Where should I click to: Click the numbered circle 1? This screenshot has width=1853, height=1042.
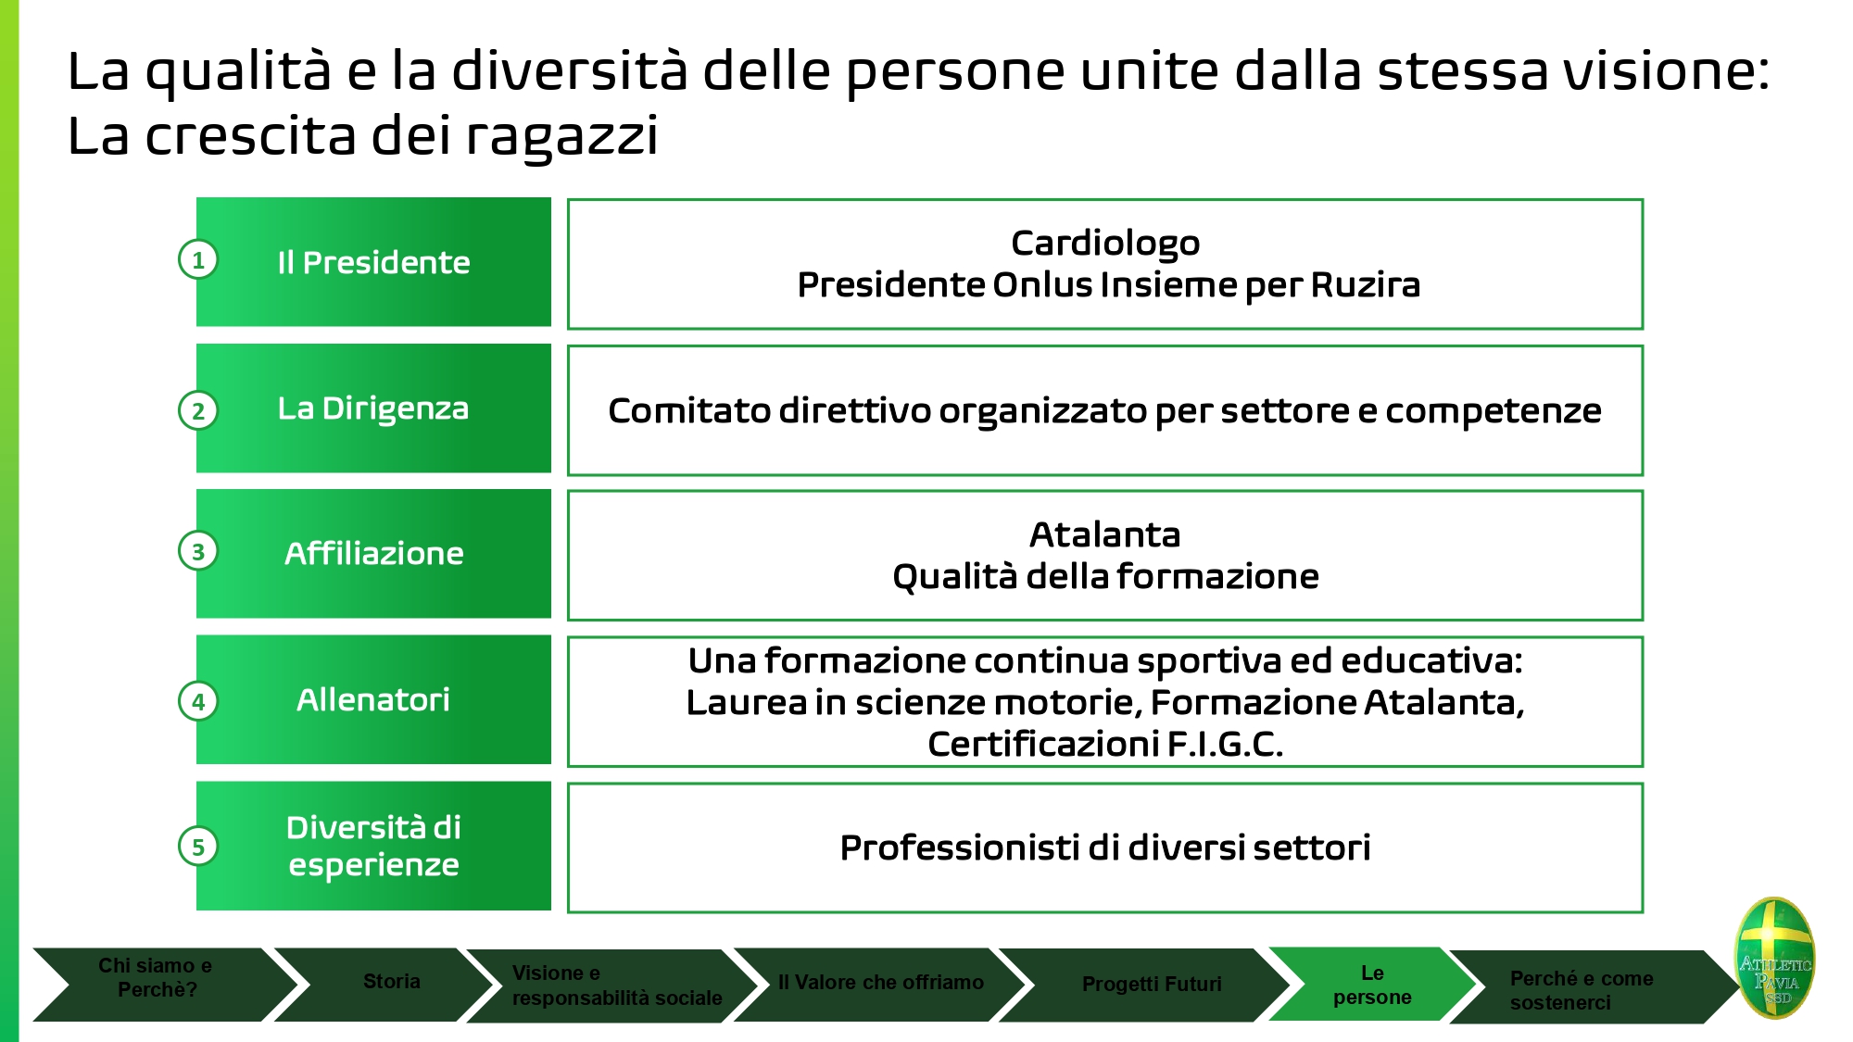tap(198, 260)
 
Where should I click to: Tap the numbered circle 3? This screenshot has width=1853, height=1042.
tap(198, 552)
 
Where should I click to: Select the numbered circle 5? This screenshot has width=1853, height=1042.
tap(198, 846)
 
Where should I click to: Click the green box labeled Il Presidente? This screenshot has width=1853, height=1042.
tap(373, 262)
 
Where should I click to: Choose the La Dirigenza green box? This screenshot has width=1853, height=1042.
tap(373, 408)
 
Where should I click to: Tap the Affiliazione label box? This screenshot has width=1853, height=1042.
tap(373, 554)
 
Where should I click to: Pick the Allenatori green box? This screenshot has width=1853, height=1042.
tap(373, 699)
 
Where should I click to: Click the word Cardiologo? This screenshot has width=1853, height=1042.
tap(1105, 244)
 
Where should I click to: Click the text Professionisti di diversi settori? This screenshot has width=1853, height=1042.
tap(1105, 847)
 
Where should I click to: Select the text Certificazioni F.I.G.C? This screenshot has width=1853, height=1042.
tap(1105, 744)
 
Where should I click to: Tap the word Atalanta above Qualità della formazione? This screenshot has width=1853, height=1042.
tap(1105, 534)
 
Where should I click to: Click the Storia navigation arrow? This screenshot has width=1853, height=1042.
tap(389, 983)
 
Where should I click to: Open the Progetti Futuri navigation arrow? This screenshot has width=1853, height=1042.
tap(1149, 985)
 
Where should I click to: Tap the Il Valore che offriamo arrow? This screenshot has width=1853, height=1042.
tap(880, 984)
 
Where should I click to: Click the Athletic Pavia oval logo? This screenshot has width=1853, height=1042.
tap(1775, 957)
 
